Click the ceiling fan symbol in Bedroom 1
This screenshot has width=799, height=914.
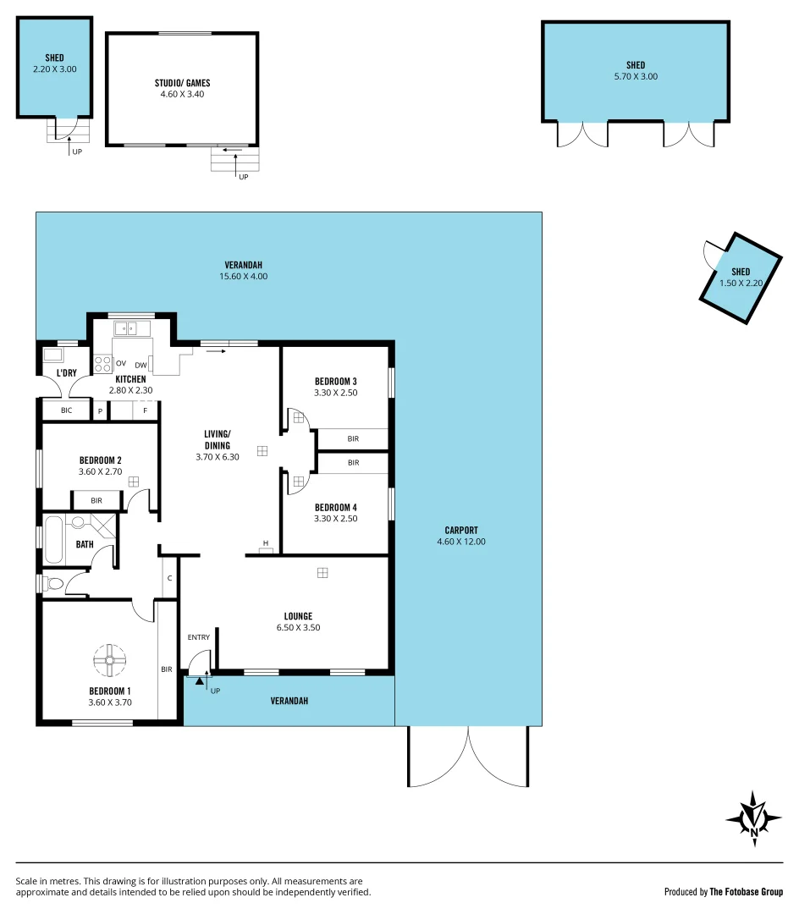[109, 660]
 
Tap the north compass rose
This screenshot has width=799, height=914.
[753, 819]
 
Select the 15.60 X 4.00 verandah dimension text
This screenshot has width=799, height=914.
[244, 276]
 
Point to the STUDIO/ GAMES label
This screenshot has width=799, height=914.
[182, 83]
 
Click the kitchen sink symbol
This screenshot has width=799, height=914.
[132, 328]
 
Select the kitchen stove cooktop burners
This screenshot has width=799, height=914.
[102, 364]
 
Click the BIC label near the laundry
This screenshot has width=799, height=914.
[67, 410]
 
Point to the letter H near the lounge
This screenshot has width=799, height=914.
[265, 543]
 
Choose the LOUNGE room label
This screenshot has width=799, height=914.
[298, 616]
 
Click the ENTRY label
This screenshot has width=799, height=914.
[198, 637]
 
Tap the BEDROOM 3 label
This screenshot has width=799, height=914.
[335, 381]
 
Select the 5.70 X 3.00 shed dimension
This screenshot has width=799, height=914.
[636, 76]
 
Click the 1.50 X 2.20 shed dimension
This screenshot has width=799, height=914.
[741, 284]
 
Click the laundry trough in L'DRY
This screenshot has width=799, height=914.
[52, 355]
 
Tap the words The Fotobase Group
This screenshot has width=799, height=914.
[747, 891]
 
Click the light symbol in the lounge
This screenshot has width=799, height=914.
[322, 573]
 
